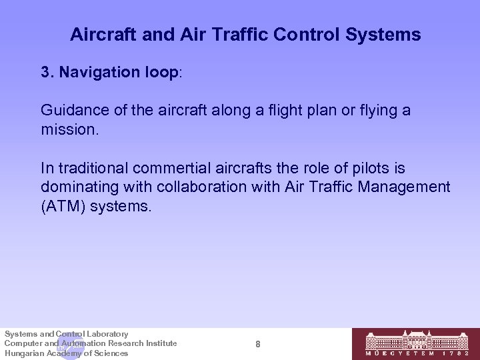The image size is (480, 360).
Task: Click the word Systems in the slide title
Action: (x=386, y=35)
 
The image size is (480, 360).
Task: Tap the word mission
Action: (x=69, y=128)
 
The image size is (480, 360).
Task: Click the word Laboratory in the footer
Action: (x=106, y=333)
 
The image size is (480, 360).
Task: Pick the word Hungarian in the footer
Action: (x=25, y=353)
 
